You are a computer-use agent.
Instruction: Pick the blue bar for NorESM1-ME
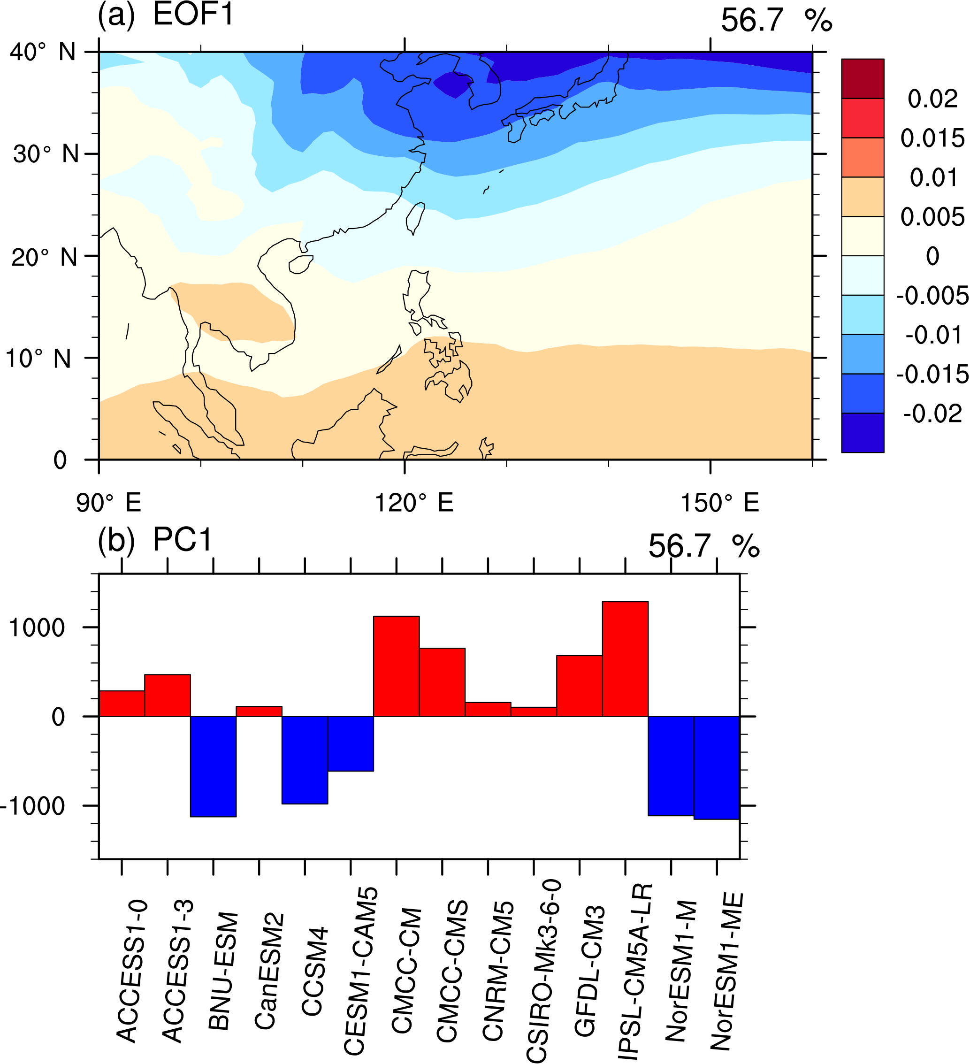[x=716, y=768]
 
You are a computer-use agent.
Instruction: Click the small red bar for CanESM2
[x=259, y=711]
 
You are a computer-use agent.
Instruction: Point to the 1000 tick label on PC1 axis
[x=37, y=628]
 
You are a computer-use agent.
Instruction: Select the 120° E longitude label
[x=414, y=503]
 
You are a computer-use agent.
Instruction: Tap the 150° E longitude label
[x=719, y=503]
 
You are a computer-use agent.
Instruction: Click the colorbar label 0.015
[x=932, y=138]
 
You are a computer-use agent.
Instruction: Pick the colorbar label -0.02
[x=932, y=414]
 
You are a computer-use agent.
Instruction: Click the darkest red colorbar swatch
[x=863, y=79]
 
